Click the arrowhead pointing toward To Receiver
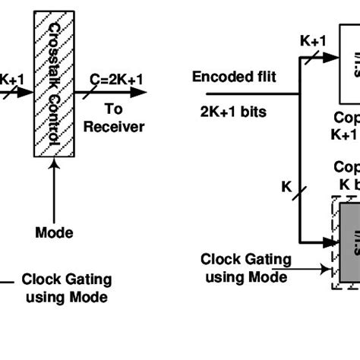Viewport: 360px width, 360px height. pyautogui.click(x=140, y=92)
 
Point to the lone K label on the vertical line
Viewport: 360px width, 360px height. pyautogui.click(x=286, y=185)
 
